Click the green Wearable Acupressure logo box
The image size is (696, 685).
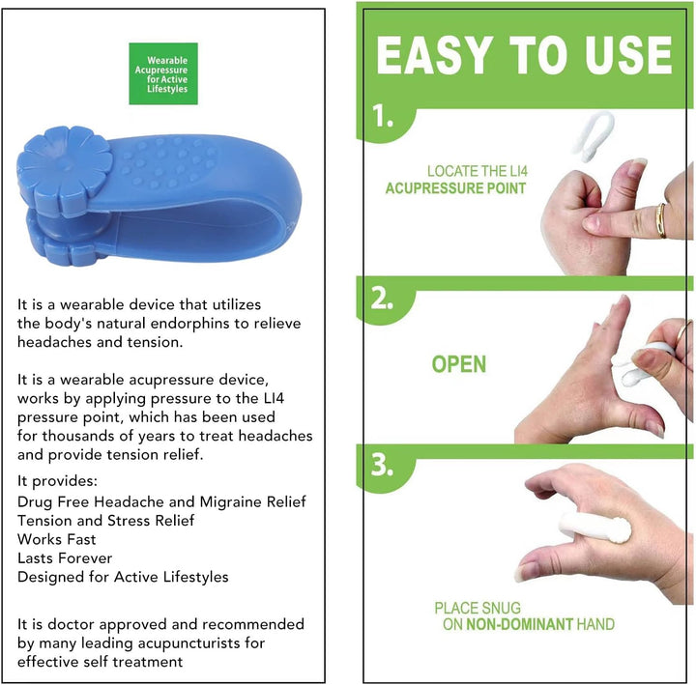point(163,73)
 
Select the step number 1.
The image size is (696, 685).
point(385,118)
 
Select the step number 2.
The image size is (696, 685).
point(385,299)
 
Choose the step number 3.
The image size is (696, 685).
point(385,466)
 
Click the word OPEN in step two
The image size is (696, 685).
point(459,364)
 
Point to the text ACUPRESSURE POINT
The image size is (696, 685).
point(455,188)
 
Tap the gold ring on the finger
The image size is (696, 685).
point(660,220)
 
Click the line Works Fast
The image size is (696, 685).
point(57,539)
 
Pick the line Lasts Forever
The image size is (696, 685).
point(65,558)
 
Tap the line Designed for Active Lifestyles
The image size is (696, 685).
point(123,577)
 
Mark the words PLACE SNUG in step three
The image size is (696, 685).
point(478,608)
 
